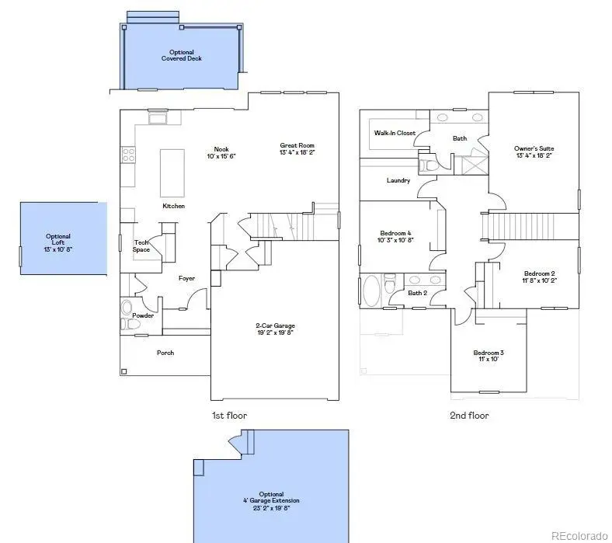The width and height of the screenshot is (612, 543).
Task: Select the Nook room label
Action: point(221,152)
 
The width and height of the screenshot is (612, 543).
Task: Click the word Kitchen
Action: point(173,206)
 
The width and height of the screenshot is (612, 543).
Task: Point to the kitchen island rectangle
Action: point(172,172)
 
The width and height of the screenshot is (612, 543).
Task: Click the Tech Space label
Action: point(141,245)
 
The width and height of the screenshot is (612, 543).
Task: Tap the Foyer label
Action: point(186,278)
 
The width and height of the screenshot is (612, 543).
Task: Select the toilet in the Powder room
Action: point(127,325)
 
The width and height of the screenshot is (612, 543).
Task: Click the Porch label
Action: point(165,353)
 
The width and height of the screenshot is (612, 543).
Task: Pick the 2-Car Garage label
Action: point(275,329)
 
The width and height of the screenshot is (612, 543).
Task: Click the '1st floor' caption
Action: point(229,416)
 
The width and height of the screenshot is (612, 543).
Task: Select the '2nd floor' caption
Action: point(469,416)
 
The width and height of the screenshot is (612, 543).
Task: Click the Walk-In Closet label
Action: point(395,133)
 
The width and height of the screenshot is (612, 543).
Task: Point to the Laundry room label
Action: point(398,180)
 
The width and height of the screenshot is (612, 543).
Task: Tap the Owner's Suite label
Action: point(534,151)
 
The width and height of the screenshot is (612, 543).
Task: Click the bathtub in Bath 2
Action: point(372,292)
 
